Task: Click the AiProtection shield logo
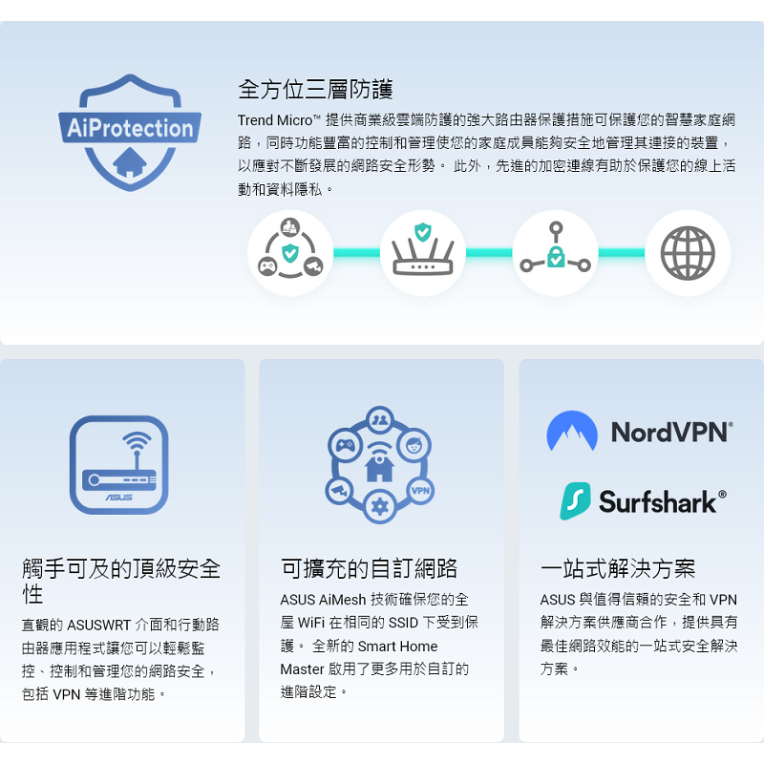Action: [x=130, y=131]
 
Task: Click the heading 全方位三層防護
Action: [x=315, y=90]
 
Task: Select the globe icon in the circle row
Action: [x=688, y=253]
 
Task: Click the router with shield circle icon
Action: [x=422, y=253]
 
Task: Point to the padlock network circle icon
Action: [x=555, y=253]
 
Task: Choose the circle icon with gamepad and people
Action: [x=290, y=253]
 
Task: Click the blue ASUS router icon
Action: [x=118, y=465]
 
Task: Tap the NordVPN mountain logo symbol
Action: [x=572, y=432]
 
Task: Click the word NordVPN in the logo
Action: [x=671, y=432]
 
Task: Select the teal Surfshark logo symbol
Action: [x=575, y=500]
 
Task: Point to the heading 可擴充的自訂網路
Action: [x=369, y=569]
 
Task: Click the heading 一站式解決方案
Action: [x=618, y=569]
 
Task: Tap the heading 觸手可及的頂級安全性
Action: [x=121, y=581]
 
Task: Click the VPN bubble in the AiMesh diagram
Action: [x=420, y=491]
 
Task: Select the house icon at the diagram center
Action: [x=380, y=467]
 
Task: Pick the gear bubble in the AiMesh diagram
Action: [x=380, y=506]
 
